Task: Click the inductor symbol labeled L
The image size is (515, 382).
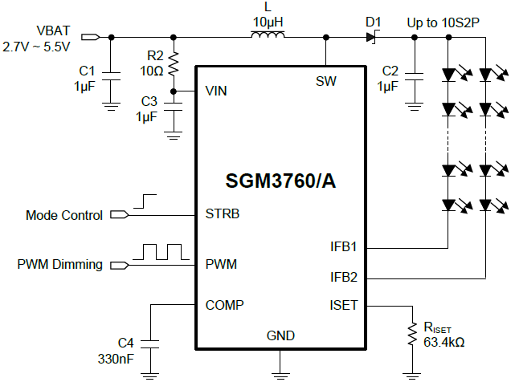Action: (268, 35)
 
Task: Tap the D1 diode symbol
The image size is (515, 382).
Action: (371, 37)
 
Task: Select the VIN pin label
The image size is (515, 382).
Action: (216, 91)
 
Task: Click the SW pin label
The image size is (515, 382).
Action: (326, 81)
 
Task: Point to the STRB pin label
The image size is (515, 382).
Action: (223, 214)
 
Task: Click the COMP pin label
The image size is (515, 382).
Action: (224, 305)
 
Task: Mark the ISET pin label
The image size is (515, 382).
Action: (344, 305)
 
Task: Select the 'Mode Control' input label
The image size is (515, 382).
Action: (64, 215)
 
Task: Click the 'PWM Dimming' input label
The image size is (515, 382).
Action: (62, 264)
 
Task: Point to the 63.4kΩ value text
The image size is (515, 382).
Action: (444, 343)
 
